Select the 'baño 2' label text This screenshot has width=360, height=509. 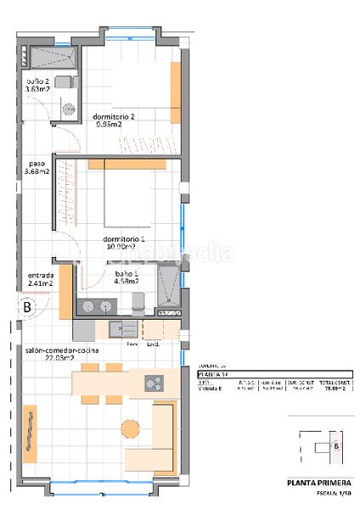click(37, 82)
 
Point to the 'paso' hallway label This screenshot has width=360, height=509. click(36, 165)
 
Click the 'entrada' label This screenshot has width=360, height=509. click(40, 276)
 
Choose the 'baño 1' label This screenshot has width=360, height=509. click(127, 276)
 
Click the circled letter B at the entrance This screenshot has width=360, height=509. click(27, 307)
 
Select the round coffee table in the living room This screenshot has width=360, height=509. click(130, 426)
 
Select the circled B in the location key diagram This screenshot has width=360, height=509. click(336, 445)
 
